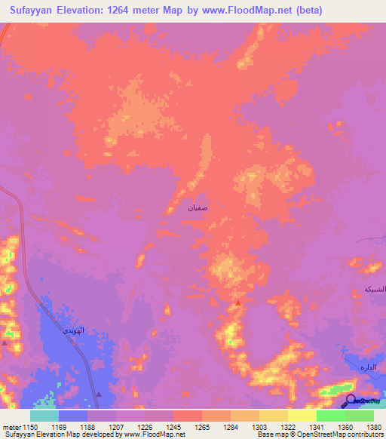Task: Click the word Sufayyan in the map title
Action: [x=33, y=11]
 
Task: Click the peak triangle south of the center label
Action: [x=238, y=302]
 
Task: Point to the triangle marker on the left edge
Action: [x=5, y=342]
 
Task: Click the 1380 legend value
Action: [x=374, y=427]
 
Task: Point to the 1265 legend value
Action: [x=203, y=427]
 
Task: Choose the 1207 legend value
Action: [x=117, y=427]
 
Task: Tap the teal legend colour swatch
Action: [x=44, y=416]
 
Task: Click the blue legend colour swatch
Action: [x=73, y=416]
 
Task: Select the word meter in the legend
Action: [x=11, y=427]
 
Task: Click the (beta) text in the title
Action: [x=308, y=11]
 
